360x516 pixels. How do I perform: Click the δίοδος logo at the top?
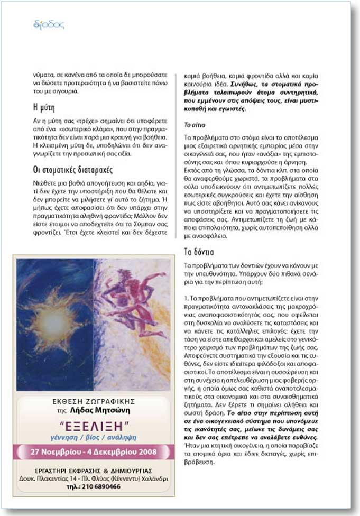[x=48, y=24]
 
